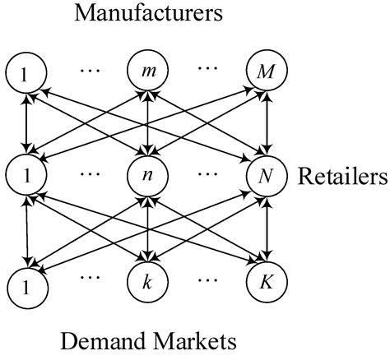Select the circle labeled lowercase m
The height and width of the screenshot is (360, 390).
(146, 73)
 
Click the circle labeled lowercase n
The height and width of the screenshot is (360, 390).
(146, 177)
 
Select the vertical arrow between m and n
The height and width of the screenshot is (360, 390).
(146, 125)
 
